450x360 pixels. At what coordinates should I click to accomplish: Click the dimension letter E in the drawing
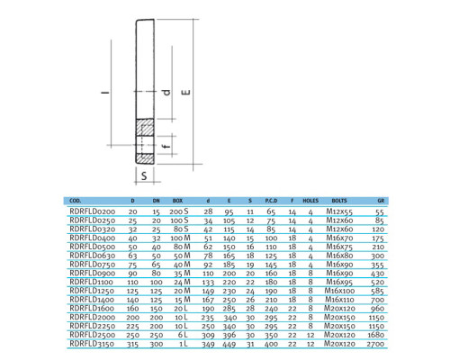tap(186, 92)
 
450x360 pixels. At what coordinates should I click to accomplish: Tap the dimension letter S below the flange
tap(144, 175)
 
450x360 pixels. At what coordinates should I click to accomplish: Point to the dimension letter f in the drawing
tap(166, 146)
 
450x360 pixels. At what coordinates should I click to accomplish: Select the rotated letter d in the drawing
tap(166, 92)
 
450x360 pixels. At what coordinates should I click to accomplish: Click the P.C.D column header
tap(271, 201)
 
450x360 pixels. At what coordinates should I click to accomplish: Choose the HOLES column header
tap(310, 201)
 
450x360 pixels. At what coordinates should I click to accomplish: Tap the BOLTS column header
tap(339, 201)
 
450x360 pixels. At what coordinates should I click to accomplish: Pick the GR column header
tap(381, 201)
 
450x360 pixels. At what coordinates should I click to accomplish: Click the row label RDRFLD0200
tap(93, 211)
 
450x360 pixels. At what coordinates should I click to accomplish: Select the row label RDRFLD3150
tap(92, 344)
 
